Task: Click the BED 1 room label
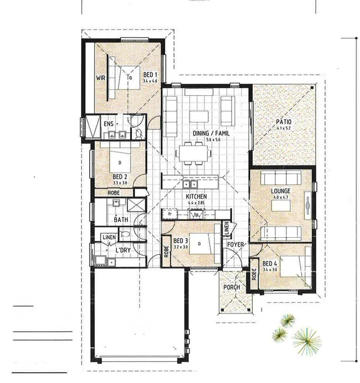(150, 75)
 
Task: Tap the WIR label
(101, 78)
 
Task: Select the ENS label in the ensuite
(108, 124)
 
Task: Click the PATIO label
(283, 122)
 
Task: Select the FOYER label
(235, 245)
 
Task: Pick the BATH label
(121, 220)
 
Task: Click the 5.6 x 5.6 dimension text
(214, 140)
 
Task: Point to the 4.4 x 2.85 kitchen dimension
(196, 202)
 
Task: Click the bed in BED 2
(120, 160)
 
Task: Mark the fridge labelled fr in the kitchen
(168, 215)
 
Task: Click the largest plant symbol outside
(306, 339)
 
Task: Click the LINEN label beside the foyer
(227, 228)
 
